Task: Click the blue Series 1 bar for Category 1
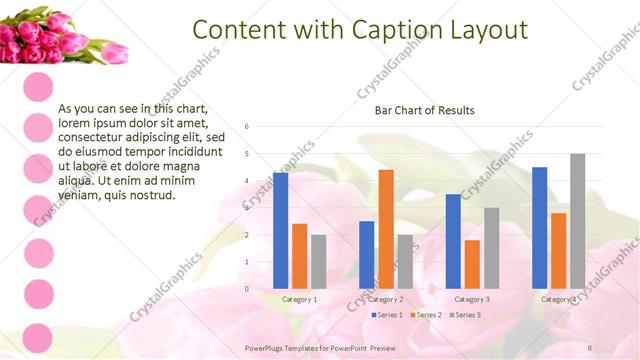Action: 280,231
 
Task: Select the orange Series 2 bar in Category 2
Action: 386,229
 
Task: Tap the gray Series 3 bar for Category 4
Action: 578,221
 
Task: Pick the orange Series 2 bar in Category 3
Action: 472,264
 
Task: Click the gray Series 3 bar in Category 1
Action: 318,262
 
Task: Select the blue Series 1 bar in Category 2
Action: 367,255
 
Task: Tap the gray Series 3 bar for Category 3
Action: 491,248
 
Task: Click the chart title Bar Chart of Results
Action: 424,110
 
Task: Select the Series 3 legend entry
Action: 466,315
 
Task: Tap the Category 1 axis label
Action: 299,299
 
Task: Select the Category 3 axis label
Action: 472,299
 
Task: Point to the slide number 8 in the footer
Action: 590,346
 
